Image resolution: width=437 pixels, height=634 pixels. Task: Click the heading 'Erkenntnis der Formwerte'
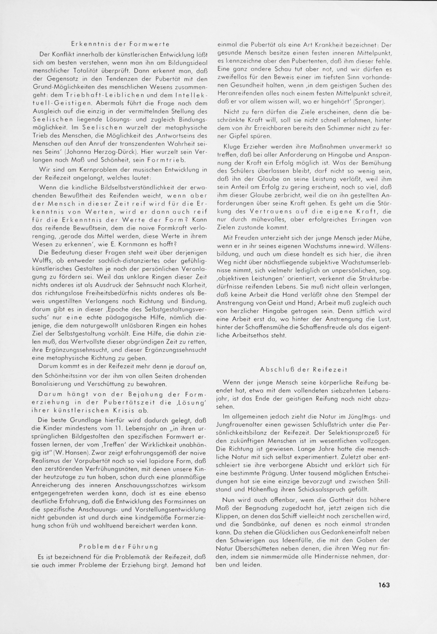coord(120,44)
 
